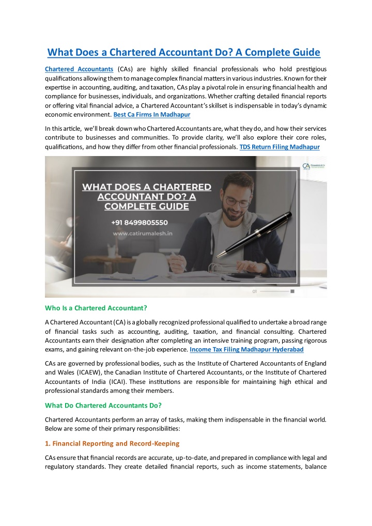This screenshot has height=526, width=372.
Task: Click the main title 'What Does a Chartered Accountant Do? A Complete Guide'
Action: [x=184, y=52]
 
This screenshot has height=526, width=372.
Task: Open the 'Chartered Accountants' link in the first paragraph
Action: [x=79, y=69]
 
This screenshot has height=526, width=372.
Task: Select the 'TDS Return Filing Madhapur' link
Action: [x=280, y=147]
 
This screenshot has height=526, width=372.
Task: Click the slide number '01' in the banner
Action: [x=255, y=291]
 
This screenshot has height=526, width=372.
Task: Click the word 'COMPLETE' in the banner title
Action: [x=129, y=207]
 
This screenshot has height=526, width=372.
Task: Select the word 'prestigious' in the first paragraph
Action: [x=309, y=69]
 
